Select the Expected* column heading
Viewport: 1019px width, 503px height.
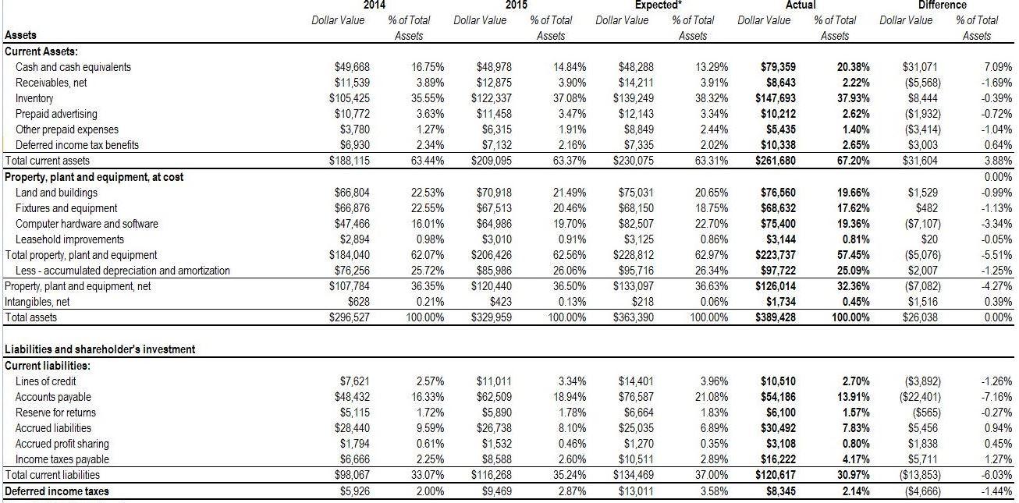point(659,5)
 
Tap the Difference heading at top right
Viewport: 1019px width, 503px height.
point(945,5)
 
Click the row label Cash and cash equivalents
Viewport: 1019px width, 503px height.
point(73,67)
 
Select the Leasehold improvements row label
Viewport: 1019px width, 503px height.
point(66,239)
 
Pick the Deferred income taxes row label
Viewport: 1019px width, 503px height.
point(57,491)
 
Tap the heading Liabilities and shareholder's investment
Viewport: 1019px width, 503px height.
point(100,349)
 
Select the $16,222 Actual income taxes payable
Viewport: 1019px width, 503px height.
point(779,459)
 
